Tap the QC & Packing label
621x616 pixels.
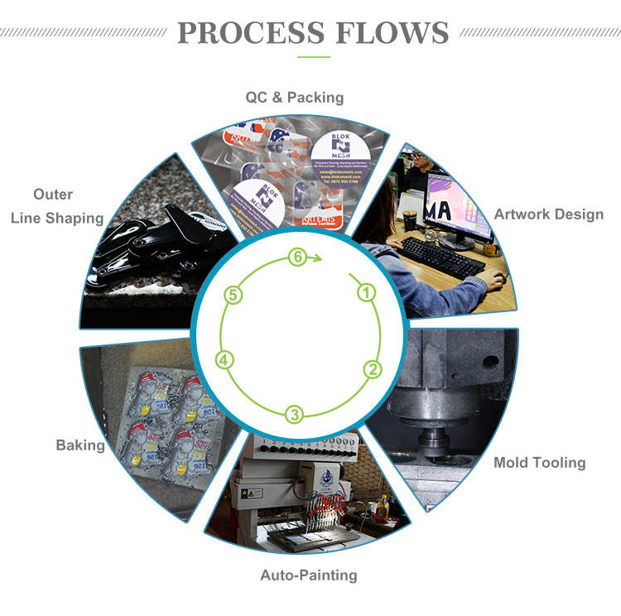294,98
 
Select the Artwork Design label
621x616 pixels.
548,214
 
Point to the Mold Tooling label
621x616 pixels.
539,462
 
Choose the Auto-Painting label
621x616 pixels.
309,574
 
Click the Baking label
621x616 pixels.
80,445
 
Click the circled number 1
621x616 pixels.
365,291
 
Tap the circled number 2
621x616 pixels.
373,369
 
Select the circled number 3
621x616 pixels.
294,413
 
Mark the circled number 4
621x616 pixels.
224,359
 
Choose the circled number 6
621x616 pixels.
296,257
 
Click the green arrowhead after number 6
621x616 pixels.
316,258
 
